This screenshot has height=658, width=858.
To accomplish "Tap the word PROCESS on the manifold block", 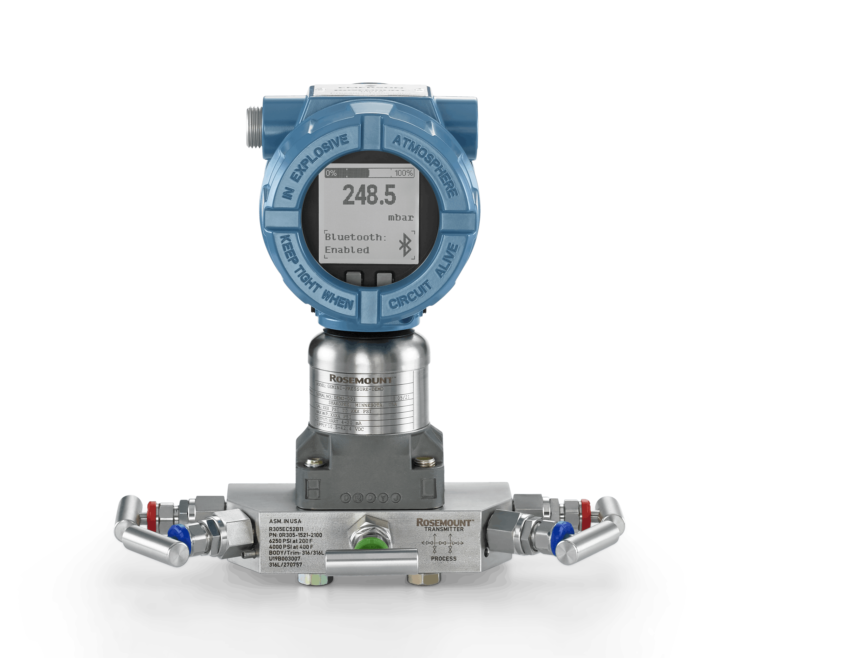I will pos(444,558).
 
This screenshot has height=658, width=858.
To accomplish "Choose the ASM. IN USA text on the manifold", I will pos(285,521).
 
